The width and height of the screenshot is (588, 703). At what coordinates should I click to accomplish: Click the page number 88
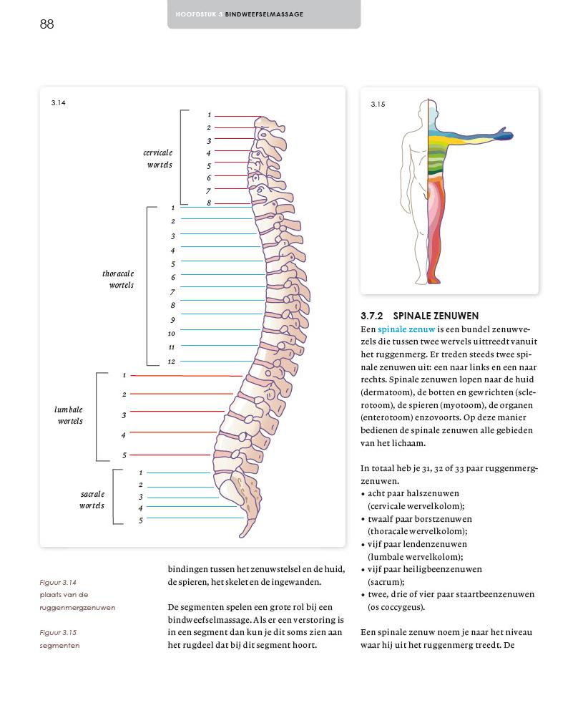pos(47,24)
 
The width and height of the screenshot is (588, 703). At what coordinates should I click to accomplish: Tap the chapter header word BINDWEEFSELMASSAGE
pos(264,14)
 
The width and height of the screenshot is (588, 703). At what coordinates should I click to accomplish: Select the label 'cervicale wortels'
pos(157,159)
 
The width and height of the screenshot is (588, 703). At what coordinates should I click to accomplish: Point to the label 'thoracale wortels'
pos(118,279)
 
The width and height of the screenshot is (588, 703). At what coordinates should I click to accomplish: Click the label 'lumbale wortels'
pos(69,415)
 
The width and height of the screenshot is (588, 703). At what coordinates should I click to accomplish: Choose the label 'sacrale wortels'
pos(92,500)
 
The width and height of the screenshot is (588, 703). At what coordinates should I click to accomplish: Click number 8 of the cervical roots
pos(209,203)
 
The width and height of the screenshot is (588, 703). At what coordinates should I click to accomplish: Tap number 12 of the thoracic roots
pos(172,362)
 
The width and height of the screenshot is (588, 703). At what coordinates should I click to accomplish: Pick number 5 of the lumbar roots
pos(124,455)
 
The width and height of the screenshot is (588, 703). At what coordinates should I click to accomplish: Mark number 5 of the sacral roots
pos(141,520)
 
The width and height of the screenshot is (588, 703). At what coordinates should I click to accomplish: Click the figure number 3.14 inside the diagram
pos(58,103)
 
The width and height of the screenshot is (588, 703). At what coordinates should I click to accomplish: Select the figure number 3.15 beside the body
pos(378,105)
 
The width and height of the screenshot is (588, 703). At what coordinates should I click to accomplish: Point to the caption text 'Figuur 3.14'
pos(58,582)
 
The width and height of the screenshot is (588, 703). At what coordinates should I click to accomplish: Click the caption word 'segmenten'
pos(59,646)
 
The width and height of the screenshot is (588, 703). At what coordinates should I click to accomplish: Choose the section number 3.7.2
pos(372,316)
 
